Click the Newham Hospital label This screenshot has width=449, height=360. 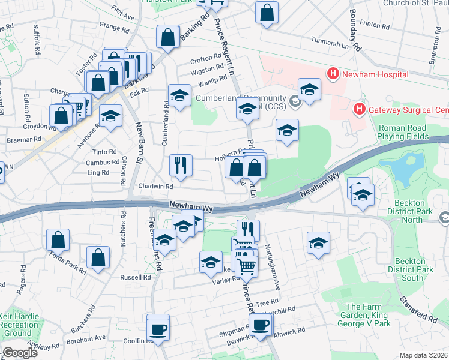375,74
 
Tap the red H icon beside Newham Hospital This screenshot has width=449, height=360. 333,74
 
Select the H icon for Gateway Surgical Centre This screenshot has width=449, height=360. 359,109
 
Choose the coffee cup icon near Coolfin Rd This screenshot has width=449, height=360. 158,328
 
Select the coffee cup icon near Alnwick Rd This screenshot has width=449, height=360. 261,325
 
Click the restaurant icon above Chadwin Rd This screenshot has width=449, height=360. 181,164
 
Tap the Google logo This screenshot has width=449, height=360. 20,353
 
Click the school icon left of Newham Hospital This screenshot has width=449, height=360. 309,89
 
